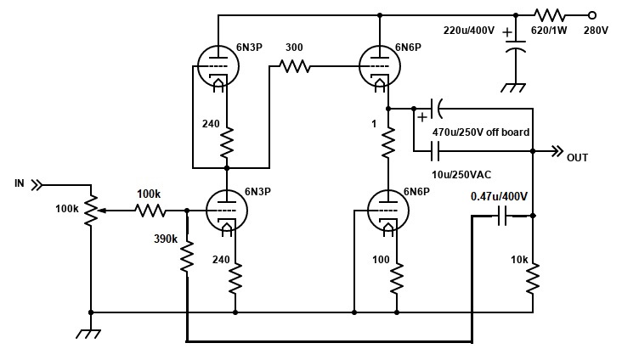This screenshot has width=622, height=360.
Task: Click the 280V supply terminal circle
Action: click(592, 15)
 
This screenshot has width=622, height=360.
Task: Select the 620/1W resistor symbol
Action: click(550, 15)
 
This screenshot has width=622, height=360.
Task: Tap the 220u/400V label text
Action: click(469, 30)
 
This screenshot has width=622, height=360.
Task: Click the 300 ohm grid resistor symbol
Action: click(295, 66)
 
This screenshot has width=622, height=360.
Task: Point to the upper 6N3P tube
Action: click(218, 66)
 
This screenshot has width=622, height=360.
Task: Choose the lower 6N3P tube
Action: click(227, 211)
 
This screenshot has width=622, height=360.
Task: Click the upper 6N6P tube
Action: click(380, 66)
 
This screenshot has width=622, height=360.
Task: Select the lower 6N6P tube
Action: click(388, 211)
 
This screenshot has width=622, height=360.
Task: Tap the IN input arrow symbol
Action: click(37, 185)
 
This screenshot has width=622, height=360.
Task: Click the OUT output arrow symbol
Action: click(557, 151)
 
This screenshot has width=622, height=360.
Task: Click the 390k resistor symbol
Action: click(187, 256)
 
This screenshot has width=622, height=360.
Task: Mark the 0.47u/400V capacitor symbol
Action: click(502, 216)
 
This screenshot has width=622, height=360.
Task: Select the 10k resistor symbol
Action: click(533, 278)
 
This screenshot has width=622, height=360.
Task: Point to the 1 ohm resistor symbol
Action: click(388, 142)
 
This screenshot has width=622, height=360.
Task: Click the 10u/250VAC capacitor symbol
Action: click(435, 151)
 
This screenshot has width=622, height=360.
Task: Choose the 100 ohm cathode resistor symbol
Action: click(397, 278)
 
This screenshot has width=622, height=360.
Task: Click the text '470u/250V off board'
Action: click(481, 132)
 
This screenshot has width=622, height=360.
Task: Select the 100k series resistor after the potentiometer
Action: click(150, 211)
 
